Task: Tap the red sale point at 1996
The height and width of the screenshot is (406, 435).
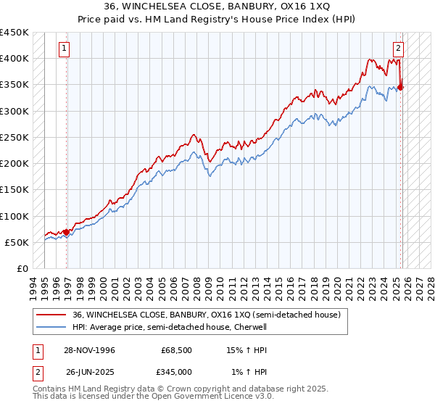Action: pos(67,232)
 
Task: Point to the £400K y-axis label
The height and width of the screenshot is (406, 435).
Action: pos(14,59)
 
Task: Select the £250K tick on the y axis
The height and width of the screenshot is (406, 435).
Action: pos(14,137)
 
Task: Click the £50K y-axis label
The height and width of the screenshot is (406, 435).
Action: pos(17,242)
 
